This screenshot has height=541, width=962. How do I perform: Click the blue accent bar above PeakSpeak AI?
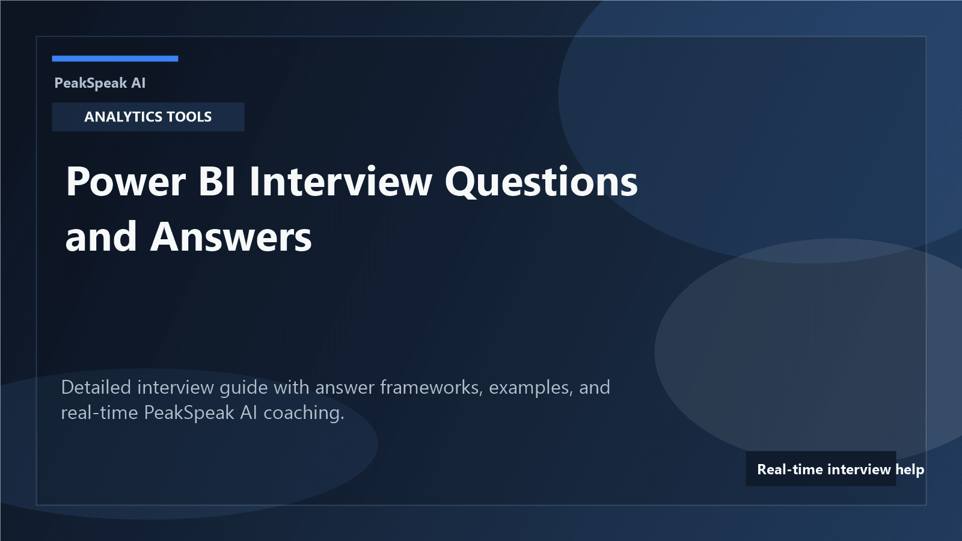115,58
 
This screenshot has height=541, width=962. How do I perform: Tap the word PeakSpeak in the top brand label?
90,83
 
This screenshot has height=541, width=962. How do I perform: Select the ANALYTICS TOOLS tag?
148,117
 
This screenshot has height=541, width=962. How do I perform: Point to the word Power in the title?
126,182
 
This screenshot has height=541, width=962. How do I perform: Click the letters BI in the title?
217,182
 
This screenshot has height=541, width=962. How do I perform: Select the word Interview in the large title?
340,182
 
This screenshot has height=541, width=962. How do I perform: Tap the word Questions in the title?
541,182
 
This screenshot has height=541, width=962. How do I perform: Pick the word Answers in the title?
231,237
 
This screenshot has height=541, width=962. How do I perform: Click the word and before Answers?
101,237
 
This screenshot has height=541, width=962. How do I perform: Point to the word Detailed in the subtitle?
96,387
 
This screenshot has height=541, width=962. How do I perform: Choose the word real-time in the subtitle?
99,412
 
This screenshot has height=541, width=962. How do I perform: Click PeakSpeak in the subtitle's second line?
189,413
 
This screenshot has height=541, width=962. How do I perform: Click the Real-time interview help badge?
821,469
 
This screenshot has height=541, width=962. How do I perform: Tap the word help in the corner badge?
909,469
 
